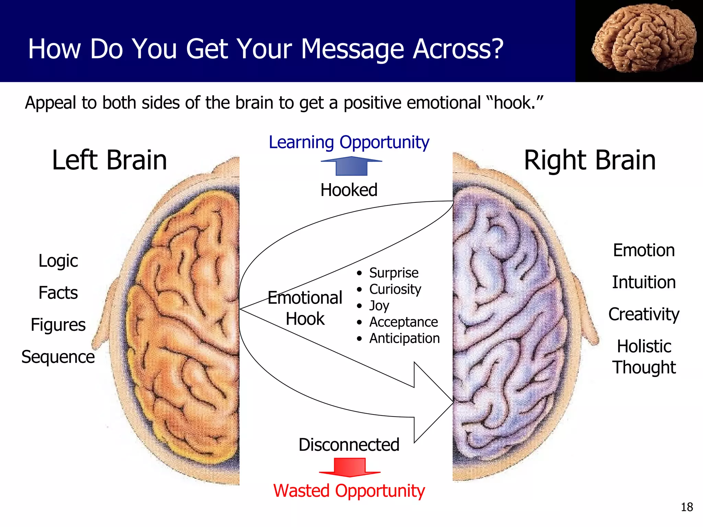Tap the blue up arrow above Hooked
click(x=351, y=166)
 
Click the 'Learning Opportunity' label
click(x=349, y=142)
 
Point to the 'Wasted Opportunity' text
click(x=349, y=491)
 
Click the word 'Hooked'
click(x=349, y=190)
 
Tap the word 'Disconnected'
click(x=349, y=445)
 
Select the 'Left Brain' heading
click(x=109, y=160)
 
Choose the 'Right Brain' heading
click(x=590, y=160)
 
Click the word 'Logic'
click(x=58, y=261)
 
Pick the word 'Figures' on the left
click(x=58, y=325)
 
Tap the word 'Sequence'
click(x=58, y=357)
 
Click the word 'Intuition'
click(x=644, y=282)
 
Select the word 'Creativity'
click(x=644, y=314)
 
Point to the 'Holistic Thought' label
click(x=644, y=357)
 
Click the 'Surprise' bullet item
click(x=394, y=273)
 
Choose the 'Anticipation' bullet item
click(x=404, y=338)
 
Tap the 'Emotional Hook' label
click(x=305, y=308)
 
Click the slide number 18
click(x=687, y=507)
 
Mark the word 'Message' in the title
click(x=353, y=49)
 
